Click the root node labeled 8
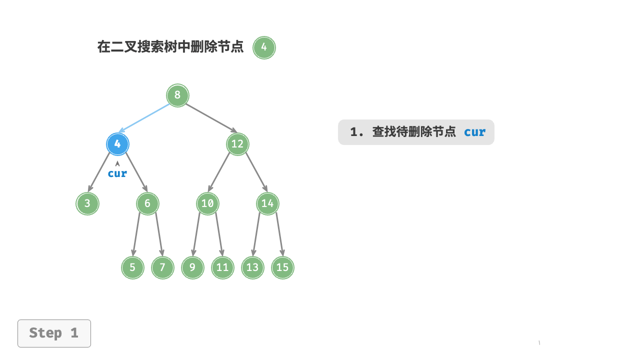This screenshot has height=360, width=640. click(x=177, y=95)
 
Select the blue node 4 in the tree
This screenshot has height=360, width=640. click(x=117, y=144)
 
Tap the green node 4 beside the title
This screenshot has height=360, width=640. click(x=264, y=47)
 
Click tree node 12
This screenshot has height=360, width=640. click(x=237, y=144)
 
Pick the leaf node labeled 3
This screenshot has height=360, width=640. click(x=87, y=203)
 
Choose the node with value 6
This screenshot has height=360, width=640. click(x=147, y=203)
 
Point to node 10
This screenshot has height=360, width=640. click(x=207, y=203)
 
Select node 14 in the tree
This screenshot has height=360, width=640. click(x=267, y=203)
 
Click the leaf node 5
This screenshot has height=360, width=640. click(x=132, y=267)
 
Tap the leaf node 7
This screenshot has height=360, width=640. click(x=162, y=267)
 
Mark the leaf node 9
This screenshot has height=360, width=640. click(x=192, y=267)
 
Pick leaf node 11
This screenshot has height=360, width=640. click(x=222, y=267)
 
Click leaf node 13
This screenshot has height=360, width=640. click(x=252, y=267)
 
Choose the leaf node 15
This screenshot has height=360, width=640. click(x=282, y=267)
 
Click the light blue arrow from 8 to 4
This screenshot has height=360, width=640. click(x=144, y=118)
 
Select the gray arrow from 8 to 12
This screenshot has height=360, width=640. click(x=211, y=118)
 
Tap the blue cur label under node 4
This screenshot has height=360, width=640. click(x=117, y=173)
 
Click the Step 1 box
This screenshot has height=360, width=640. click(x=54, y=333)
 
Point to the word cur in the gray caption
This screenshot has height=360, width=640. click(x=474, y=132)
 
